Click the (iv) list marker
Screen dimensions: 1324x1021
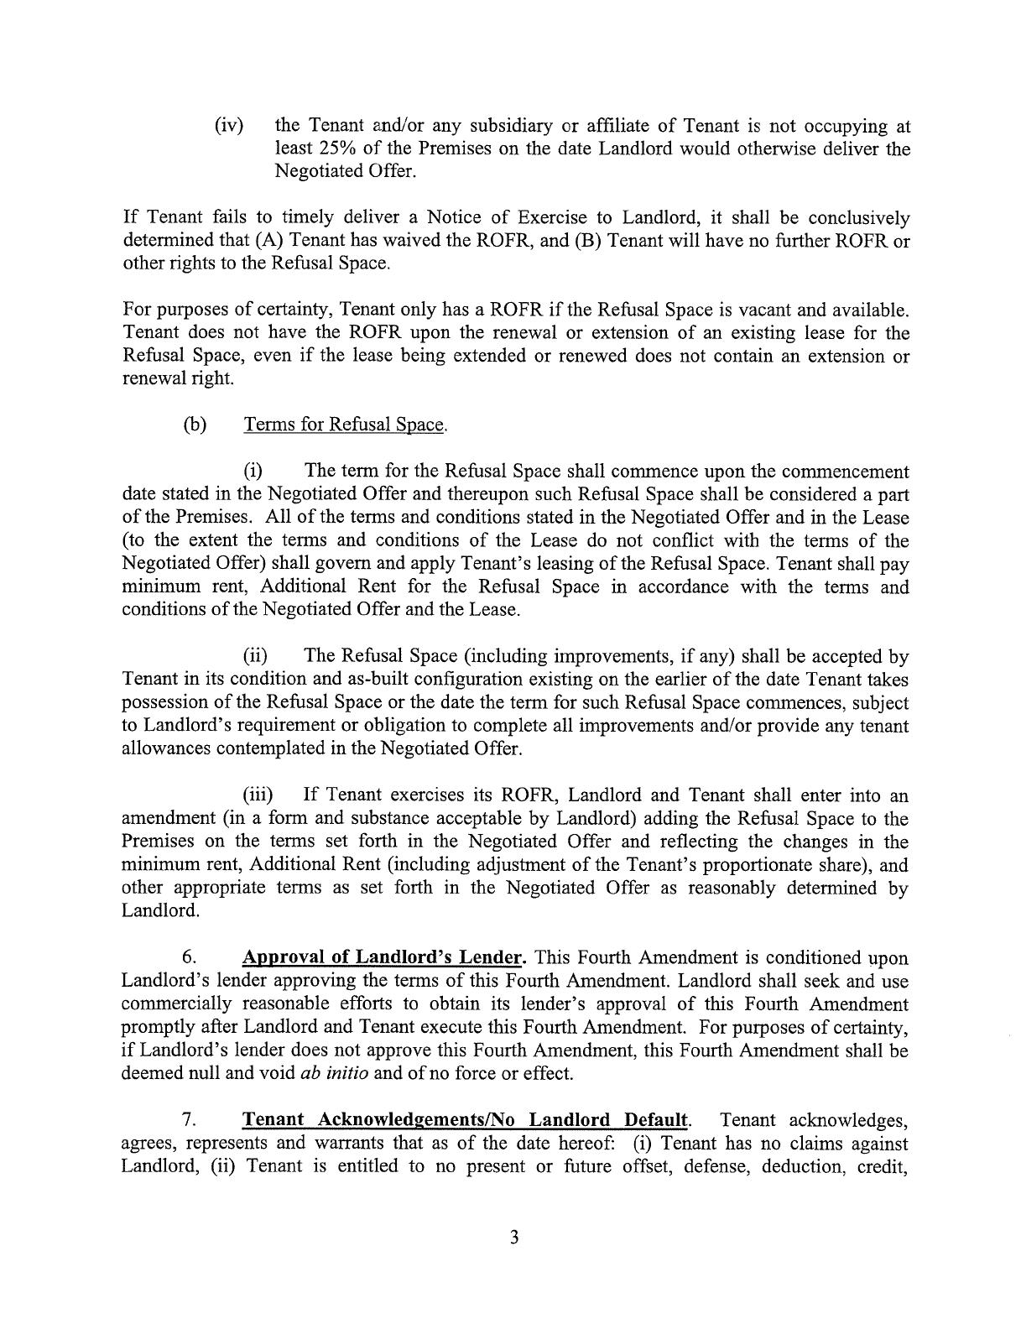[x=229, y=126]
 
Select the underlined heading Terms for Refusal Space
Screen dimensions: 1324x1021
[x=345, y=425]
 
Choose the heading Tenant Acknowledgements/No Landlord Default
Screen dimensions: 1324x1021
[x=466, y=1120]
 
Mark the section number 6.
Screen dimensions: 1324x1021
[x=189, y=957]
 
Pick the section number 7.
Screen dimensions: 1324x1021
[x=189, y=1120]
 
